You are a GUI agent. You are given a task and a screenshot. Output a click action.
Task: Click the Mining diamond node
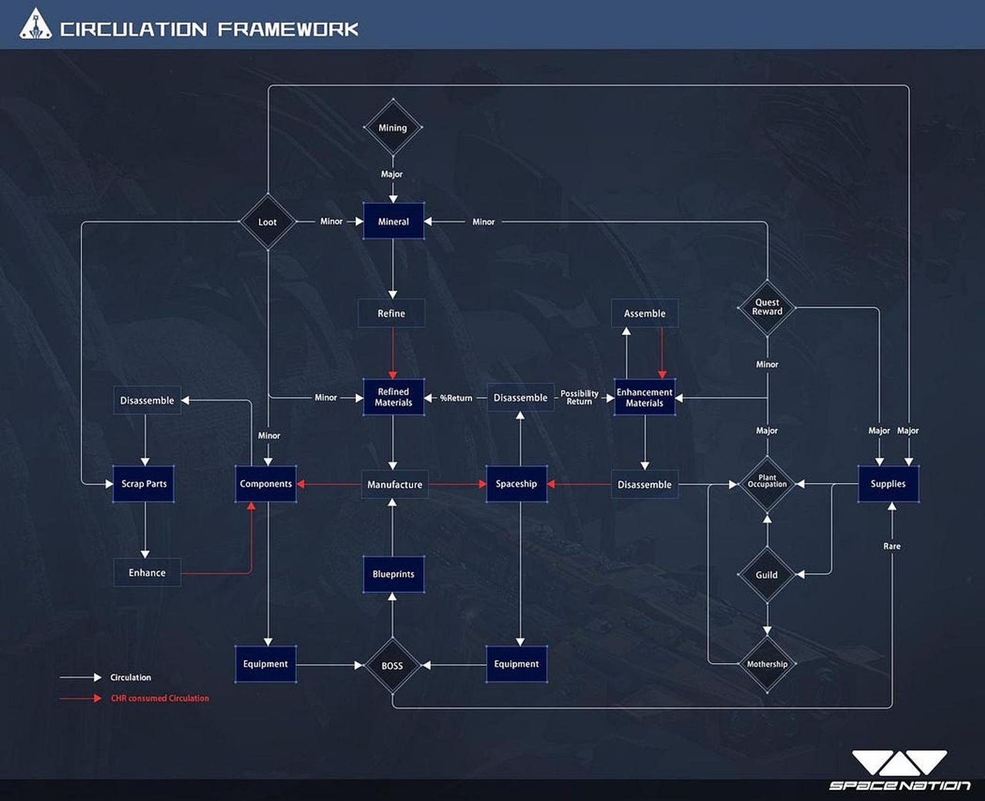[393, 127]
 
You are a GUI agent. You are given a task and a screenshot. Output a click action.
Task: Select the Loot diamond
[268, 222]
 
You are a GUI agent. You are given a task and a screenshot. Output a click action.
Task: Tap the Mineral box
[393, 221]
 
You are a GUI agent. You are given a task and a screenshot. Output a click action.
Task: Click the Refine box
[391, 313]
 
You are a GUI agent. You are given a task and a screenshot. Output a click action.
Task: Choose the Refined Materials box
[393, 397]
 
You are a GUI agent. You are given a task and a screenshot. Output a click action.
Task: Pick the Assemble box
[645, 313]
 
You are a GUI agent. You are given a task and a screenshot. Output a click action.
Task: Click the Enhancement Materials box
[645, 397]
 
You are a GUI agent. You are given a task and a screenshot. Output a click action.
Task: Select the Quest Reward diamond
[767, 307]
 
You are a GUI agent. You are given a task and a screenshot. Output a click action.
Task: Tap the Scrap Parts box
[144, 484]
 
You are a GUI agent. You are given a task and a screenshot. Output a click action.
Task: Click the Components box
[266, 484]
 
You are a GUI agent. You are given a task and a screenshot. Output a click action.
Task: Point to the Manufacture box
[395, 484]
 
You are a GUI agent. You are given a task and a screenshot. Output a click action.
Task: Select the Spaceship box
[517, 484]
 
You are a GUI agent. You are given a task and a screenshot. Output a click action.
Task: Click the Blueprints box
[393, 574]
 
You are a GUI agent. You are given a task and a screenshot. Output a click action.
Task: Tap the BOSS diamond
[392, 666]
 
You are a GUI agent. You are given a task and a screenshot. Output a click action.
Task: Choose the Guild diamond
[767, 575]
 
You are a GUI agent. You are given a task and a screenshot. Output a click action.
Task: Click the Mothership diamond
[767, 664]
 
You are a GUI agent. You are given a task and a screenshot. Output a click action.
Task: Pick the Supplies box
[889, 484]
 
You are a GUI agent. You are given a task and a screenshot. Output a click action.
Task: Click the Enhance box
[147, 573]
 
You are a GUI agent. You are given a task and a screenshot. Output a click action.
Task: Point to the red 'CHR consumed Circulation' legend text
[160, 698]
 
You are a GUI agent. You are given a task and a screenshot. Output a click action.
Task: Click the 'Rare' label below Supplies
[892, 546]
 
